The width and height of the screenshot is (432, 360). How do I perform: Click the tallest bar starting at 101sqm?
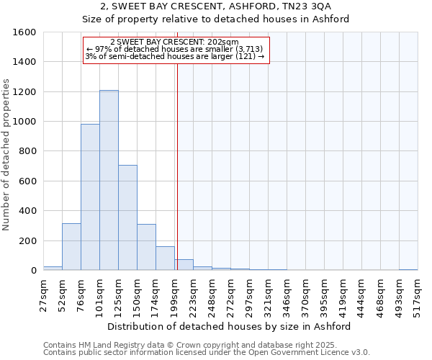pos(109,180)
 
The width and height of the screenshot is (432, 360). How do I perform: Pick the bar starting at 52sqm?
pos(71,246)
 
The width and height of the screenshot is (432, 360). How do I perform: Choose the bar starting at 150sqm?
pos(146,247)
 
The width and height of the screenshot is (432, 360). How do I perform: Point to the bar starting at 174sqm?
pos(165,258)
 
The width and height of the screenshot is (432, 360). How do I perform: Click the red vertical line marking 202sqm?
pos(176,166)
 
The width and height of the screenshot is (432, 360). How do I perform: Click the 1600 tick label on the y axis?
pos(24,32)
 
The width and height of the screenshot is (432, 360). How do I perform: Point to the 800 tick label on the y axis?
pos(27,151)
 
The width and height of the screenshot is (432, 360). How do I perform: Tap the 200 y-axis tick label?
pos(27,240)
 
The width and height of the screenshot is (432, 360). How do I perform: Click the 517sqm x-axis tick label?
pos(418,295)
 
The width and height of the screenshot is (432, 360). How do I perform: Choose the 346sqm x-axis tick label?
pos(287,295)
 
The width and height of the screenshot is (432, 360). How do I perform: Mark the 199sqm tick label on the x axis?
pos(174,295)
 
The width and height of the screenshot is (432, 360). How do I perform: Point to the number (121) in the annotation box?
pos(245,56)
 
